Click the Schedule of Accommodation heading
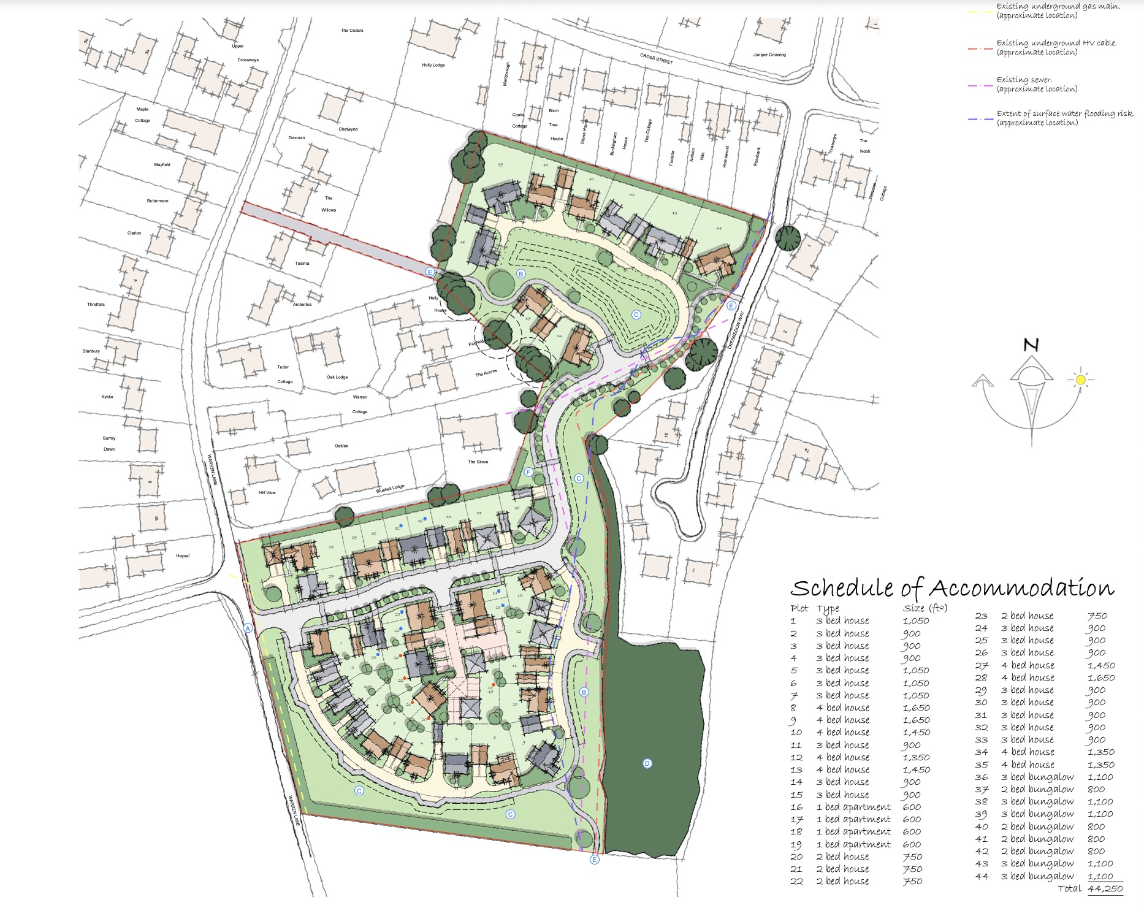pos(951,589)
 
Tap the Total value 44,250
pos(1105,888)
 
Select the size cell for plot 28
pos(1101,677)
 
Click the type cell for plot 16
pos(853,807)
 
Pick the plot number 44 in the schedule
pos(982,876)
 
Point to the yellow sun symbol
pos(1080,380)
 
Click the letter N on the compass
pos(1031,345)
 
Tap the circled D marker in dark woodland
pos(647,763)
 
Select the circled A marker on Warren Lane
pos(248,628)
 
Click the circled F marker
pos(528,471)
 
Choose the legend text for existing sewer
pos(1037,85)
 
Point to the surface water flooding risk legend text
pos(1065,118)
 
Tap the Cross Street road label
pos(656,59)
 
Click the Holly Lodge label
pos(433,65)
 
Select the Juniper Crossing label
pos(769,55)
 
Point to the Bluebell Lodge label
pos(391,489)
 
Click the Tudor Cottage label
pos(284,374)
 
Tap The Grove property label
pos(478,462)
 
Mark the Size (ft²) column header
pos(925,608)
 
